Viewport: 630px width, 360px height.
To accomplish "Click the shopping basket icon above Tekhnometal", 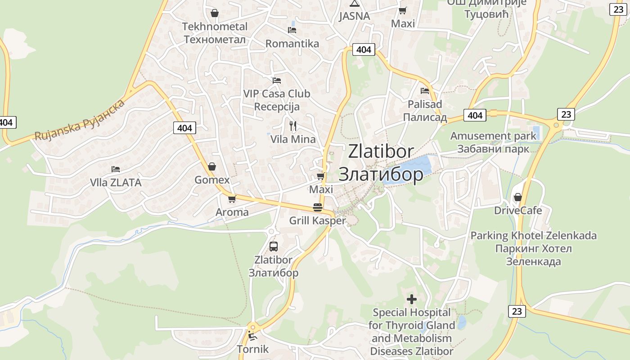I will click(215, 13).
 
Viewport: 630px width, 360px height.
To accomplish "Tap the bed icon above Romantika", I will click(292, 30).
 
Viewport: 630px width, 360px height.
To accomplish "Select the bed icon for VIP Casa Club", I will click(277, 81).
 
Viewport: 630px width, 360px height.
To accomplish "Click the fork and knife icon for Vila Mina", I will click(293, 126).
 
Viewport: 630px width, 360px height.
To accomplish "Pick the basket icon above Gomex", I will click(212, 167).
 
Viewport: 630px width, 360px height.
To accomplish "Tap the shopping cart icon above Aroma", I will click(232, 199).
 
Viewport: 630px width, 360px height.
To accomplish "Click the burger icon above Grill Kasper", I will click(318, 207).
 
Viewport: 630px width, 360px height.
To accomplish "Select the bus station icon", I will click(273, 246).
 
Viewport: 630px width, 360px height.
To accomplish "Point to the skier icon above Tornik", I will click(252, 336).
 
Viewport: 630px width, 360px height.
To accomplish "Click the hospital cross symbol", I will click(411, 299).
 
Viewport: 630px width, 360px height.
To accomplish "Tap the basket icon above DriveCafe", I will click(518, 197).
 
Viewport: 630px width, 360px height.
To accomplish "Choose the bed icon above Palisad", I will click(425, 91).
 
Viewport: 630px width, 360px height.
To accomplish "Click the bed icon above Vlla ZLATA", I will click(116, 169).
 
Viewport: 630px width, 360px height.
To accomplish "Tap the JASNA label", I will click(354, 17).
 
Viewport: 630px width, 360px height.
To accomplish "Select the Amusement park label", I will click(493, 136).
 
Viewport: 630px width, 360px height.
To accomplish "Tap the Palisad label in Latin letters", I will click(425, 104).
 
